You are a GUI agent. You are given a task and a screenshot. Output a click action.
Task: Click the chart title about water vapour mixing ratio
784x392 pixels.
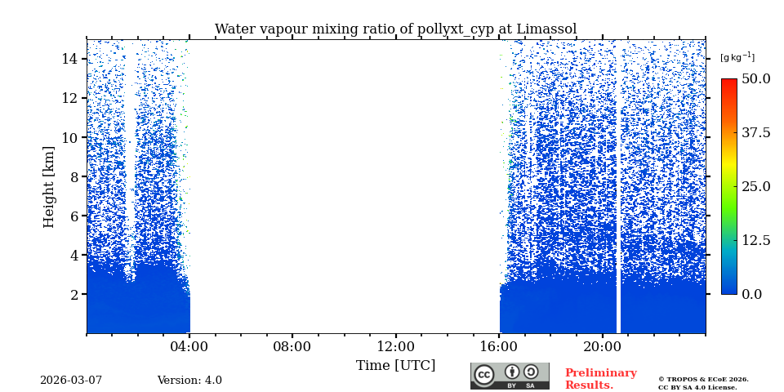[x=395, y=29]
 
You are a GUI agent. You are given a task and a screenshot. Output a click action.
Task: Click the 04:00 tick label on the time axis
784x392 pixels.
[x=189, y=346]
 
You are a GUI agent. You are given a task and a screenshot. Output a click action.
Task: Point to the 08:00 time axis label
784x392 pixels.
[x=292, y=346]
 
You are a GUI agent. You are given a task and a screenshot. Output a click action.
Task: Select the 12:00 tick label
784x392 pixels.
[x=396, y=346]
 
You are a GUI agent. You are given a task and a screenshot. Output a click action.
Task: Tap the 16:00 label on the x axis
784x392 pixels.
[x=499, y=346]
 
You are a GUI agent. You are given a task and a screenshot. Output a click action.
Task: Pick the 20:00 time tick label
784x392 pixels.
[x=603, y=346]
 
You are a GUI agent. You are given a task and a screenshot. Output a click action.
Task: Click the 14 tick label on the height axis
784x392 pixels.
[x=69, y=59]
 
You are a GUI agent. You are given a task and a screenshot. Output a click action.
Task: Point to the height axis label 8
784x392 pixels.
[x=73, y=176]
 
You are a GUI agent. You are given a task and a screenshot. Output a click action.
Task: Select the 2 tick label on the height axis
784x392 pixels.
[x=73, y=294]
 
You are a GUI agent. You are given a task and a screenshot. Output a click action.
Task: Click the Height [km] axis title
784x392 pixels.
[x=49, y=186]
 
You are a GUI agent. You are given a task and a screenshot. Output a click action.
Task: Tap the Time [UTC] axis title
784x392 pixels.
[x=395, y=365]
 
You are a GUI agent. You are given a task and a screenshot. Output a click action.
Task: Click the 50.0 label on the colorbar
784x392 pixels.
[x=755, y=79]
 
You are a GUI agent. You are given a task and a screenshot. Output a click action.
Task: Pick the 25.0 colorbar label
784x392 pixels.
[x=755, y=186]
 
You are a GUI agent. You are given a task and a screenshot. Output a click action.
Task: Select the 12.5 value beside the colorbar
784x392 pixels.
[x=755, y=240]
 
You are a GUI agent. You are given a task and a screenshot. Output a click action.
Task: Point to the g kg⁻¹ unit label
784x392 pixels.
[x=737, y=57]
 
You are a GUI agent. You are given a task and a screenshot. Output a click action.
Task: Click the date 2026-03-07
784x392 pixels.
[x=71, y=381]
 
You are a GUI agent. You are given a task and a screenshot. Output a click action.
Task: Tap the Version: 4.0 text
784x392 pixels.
[x=189, y=381]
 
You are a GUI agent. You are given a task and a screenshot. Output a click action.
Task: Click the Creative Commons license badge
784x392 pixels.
[x=510, y=376]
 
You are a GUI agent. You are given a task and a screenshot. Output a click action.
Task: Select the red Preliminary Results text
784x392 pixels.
[x=600, y=379]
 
